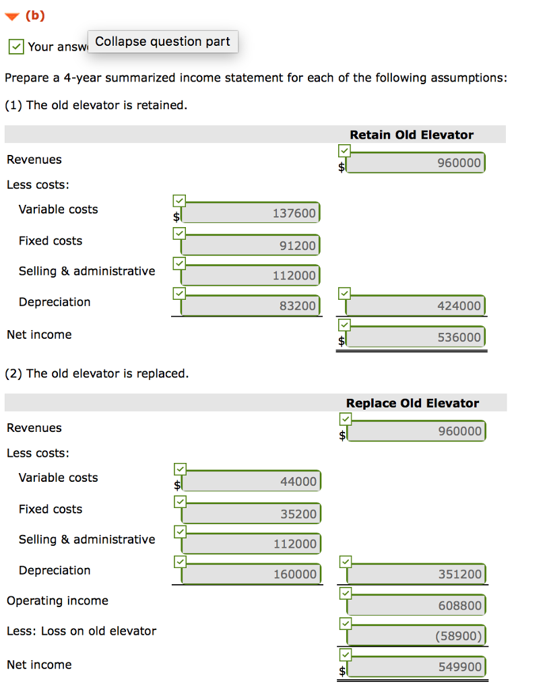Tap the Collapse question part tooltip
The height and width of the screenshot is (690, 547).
click(x=162, y=42)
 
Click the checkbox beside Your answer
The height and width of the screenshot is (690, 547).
click(x=16, y=46)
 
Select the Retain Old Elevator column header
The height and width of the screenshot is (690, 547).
click(x=411, y=135)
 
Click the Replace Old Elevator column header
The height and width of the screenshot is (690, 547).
click(x=412, y=403)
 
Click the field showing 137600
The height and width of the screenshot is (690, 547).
click(x=251, y=213)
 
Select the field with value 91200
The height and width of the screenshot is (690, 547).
click(x=251, y=245)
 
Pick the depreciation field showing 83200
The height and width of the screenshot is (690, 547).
click(x=251, y=306)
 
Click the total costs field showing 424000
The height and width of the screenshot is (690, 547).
click(x=416, y=306)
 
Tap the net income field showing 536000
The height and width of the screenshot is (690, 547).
click(x=416, y=337)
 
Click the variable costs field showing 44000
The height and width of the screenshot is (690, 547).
click(x=251, y=481)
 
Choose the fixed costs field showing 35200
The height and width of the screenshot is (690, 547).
click(x=251, y=513)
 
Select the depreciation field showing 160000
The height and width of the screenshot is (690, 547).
click(x=251, y=574)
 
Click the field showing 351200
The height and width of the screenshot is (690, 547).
click(x=416, y=574)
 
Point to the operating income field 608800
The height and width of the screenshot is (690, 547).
click(x=416, y=605)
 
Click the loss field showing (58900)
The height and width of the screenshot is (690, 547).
click(x=416, y=635)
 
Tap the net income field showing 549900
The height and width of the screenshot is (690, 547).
click(x=416, y=667)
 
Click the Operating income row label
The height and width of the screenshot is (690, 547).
click(x=57, y=600)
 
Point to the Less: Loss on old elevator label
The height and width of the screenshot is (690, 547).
click(x=81, y=631)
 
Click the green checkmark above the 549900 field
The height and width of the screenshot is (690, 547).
click(x=344, y=653)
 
